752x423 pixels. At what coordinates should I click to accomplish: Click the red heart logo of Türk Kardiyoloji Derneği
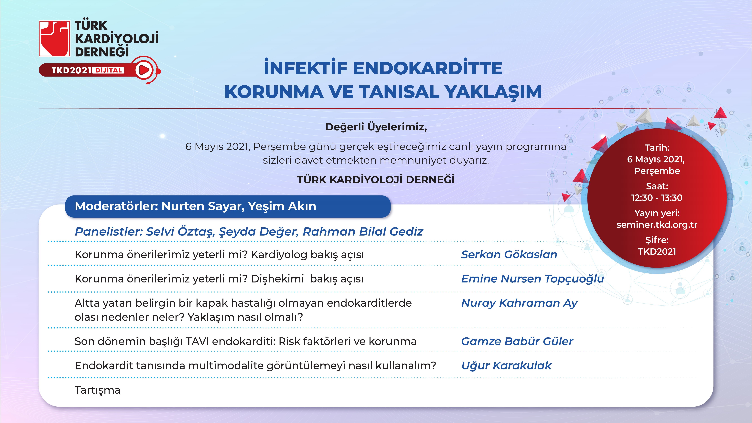(55, 38)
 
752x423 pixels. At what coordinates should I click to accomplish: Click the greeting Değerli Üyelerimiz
(376, 127)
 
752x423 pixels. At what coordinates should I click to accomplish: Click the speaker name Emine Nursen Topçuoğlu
(532, 279)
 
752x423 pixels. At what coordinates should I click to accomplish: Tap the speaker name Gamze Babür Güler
(517, 341)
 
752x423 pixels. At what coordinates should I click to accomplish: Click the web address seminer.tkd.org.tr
(657, 225)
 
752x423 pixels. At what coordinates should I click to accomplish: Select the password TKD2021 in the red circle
(657, 252)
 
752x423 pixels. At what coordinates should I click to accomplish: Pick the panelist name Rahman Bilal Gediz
(363, 231)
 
